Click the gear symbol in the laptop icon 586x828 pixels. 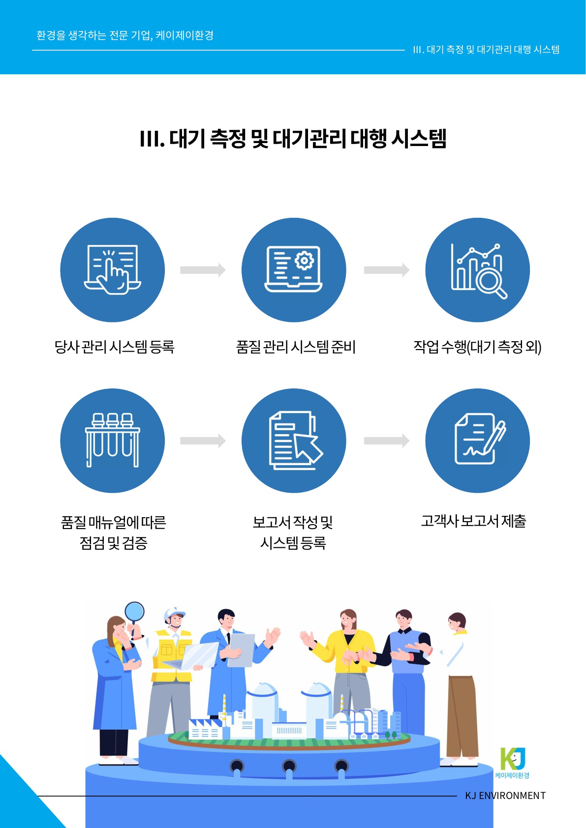(304, 260)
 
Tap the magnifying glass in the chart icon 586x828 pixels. (491, 283)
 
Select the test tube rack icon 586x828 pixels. (113, 440)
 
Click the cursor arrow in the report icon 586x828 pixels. (308, 448)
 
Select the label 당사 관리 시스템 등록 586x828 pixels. (114, 347)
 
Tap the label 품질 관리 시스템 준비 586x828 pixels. (296, 347)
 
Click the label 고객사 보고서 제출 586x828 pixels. (473, 521)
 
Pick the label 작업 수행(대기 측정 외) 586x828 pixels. (477, 347)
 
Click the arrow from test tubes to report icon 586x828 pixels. (203, 441)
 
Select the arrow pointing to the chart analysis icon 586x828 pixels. (387, 270)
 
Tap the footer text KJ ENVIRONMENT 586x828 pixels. (505, 796)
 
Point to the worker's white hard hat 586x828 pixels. (173, 613)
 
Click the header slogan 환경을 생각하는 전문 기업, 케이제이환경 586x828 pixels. (125, 35)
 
